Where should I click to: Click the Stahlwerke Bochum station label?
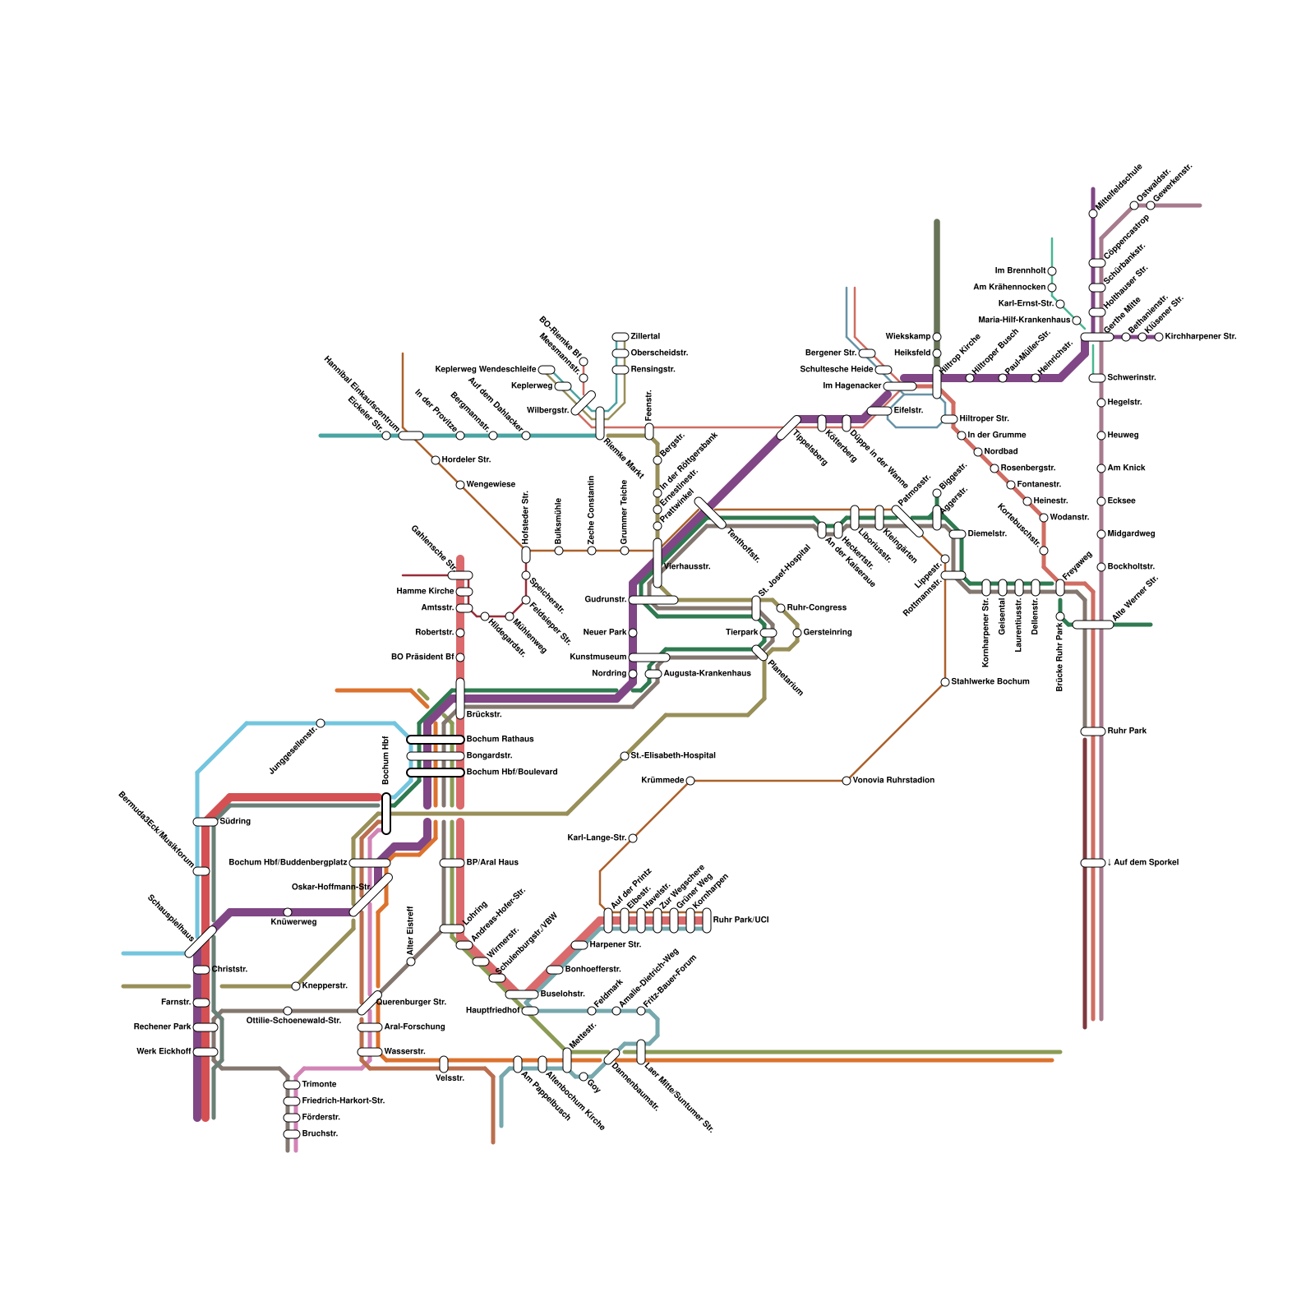pos(990,681)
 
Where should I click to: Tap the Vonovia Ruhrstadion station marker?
pos(847,781)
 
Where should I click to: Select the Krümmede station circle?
pos(690,781)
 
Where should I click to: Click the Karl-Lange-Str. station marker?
pos(633,838)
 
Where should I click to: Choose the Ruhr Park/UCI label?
pos(741,920)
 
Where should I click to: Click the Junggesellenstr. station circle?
pos(321,723)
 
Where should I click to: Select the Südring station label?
pos(235,821)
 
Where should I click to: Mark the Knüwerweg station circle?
pos(288,912)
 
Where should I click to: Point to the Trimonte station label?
pos(319,1084)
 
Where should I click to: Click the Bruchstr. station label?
pos(320,1133)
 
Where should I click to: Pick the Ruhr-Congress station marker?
pos(781,608)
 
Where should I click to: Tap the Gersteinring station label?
pos(828,632)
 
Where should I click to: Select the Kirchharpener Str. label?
pos(1201,336)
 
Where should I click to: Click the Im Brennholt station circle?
pos(1052,271)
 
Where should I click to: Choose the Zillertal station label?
pos(645,336)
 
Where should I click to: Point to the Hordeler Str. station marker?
pos(436,460)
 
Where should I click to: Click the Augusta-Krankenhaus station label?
pos(707,673)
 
